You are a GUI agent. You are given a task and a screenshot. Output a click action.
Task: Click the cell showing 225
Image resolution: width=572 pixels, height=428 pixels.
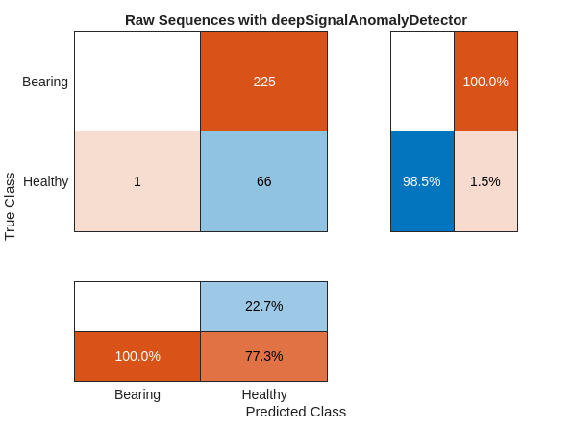[263, 82]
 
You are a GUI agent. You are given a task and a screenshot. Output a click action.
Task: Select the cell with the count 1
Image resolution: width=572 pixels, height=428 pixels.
[137, 181]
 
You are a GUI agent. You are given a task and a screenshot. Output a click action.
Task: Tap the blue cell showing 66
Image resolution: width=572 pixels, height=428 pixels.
[263, 181]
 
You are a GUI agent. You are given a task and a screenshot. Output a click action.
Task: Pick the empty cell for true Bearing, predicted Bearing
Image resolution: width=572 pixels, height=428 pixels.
[137, 82]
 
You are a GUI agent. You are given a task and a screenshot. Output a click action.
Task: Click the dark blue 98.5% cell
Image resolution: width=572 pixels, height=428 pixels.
[422, 181]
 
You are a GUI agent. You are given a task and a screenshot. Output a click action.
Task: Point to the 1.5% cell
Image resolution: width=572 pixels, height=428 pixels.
[485, 181]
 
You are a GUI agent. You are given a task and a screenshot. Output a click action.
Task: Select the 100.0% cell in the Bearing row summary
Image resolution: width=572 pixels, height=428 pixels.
[485, 82]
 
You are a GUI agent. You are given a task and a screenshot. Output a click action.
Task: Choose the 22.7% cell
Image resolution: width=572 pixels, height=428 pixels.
[263, 306]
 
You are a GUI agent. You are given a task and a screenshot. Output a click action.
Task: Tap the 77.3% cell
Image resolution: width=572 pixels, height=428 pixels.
[263, 356]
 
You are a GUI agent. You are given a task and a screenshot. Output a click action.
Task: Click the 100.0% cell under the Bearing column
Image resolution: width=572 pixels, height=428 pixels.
[137, 356]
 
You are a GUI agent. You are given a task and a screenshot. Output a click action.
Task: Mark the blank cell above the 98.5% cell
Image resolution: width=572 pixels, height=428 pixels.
[422, 82]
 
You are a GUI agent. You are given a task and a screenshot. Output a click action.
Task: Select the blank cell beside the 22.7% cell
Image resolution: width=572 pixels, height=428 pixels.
[137, 306]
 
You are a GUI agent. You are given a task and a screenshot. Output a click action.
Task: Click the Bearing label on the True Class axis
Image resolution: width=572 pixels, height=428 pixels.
[45, 82]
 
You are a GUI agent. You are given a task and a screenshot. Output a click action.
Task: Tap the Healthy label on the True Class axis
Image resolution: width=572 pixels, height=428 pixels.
[45, 181]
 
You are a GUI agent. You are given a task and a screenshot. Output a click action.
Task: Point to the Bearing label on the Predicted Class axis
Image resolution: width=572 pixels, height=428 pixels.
[137, 394]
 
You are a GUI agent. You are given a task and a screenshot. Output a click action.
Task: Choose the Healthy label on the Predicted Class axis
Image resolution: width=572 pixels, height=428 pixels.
[263, 394]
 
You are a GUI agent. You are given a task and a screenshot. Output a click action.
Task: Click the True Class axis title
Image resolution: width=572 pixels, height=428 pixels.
[11, 206]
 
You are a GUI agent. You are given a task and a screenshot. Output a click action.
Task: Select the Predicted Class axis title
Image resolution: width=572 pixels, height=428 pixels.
[295, 412]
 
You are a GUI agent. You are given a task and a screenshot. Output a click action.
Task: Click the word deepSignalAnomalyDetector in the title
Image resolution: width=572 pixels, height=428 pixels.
[371, 20]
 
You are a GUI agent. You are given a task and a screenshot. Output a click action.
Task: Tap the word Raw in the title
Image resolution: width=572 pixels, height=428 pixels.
[139, 20]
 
